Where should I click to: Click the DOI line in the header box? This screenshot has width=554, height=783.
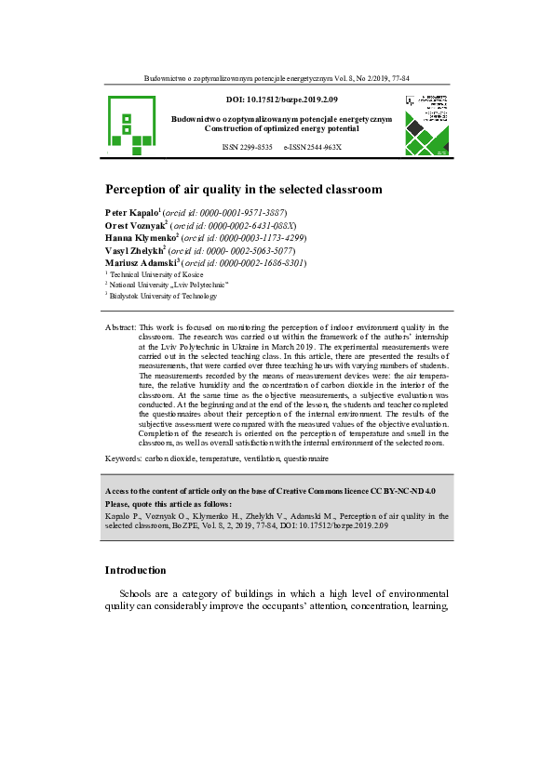click(x=282, y=99)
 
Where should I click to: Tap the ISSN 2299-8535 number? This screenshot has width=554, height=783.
click(x=247, y=148)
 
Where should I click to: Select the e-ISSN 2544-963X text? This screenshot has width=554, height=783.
click(x=313, y=148)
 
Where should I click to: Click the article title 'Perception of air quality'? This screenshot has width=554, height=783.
click(x=243, y=189)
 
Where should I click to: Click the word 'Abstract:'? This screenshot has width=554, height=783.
click(x=120, y=327)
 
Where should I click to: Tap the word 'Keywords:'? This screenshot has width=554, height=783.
click(x=124, y=459)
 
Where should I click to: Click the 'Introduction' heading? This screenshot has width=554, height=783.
click(x=136, y=570)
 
